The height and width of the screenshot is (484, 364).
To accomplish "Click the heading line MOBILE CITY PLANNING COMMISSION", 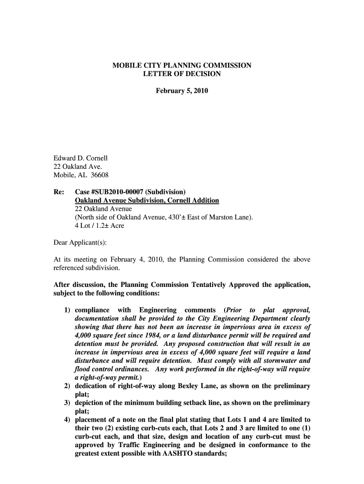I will pos(182,66).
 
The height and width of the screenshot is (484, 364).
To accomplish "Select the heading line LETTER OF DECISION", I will pos(182,74).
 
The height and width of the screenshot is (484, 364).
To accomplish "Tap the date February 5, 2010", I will pos(182,90).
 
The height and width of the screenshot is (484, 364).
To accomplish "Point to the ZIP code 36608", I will pos(100,175).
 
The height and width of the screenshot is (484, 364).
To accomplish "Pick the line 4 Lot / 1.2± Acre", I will pos(99,226).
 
